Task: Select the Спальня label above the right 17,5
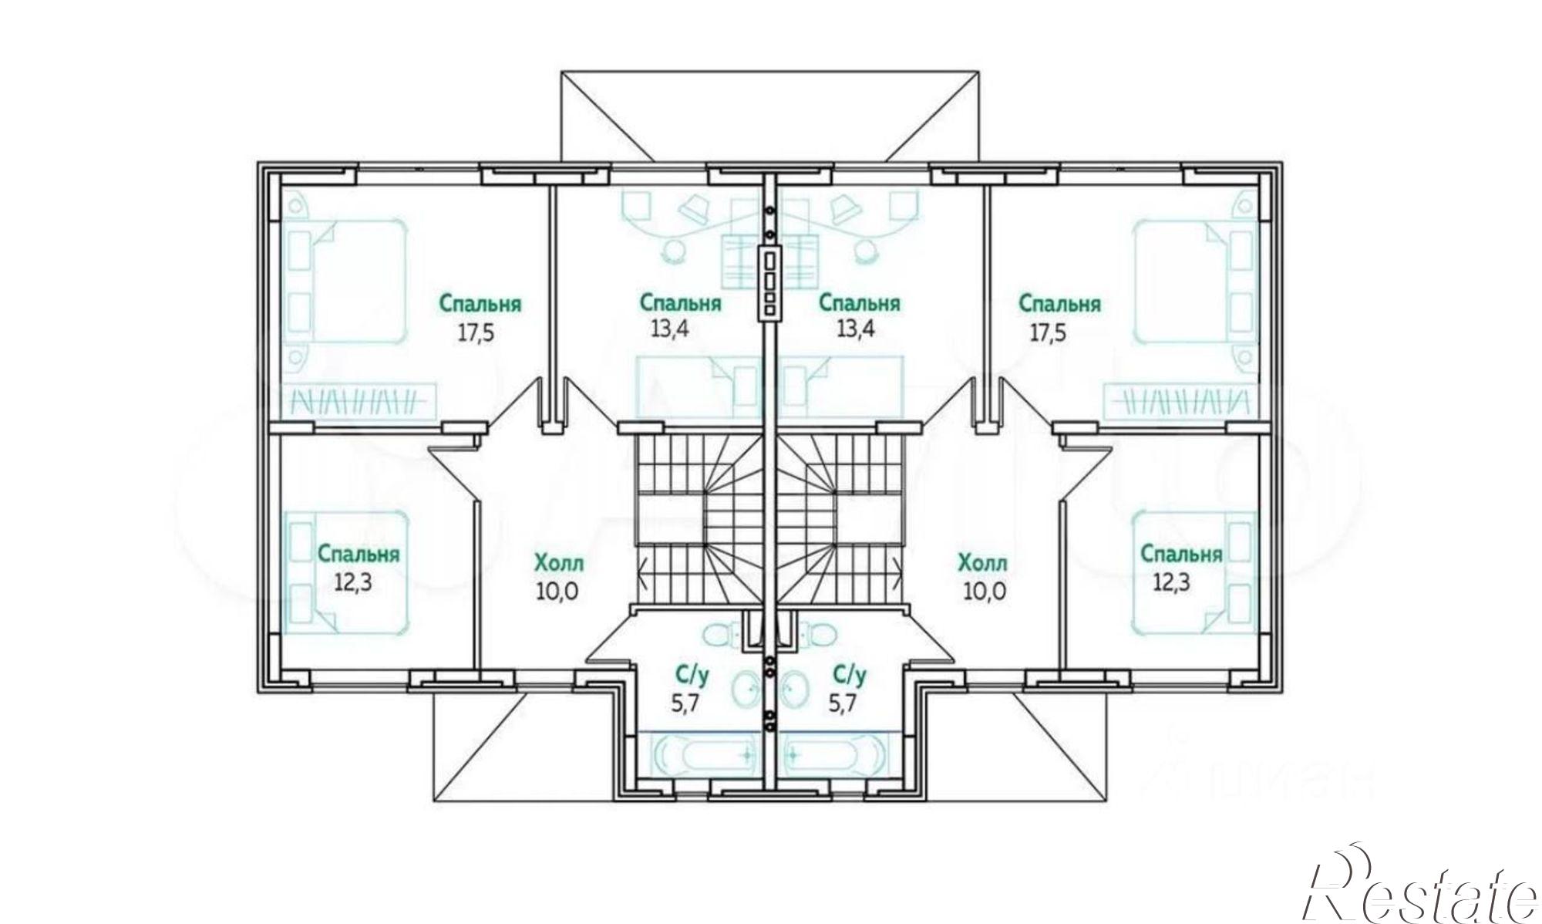click(1059, 304)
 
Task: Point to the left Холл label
click(559, 563)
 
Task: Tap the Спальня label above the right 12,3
click(1181, 554)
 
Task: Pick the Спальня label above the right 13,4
click(859, 303)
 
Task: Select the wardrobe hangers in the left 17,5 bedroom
click(356, 402)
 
